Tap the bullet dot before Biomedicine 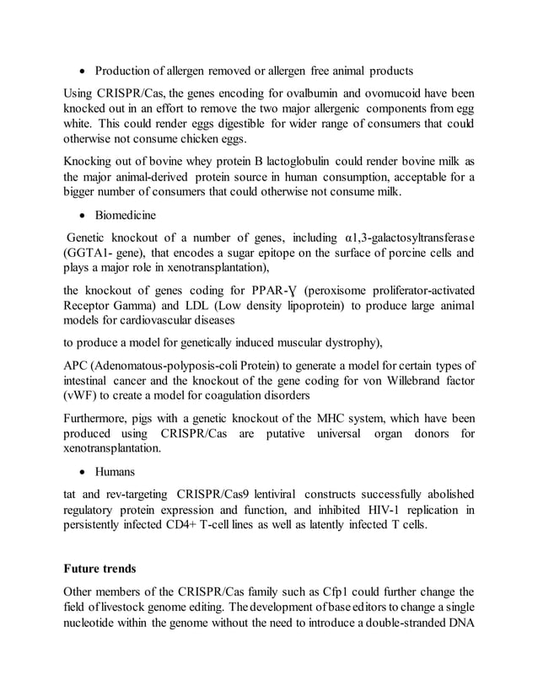(83, 216)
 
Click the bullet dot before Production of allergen (83, 70)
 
